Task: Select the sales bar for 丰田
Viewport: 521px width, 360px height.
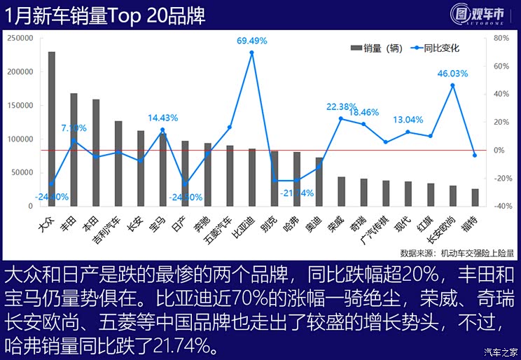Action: point(74,150)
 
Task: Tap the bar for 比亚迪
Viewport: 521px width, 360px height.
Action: point(252,177)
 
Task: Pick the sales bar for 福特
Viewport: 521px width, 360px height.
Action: point(475,198)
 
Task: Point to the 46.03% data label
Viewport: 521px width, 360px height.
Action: point(452,73)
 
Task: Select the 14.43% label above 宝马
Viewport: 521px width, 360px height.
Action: point(162,118)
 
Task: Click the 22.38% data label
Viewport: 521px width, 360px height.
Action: point(342,106)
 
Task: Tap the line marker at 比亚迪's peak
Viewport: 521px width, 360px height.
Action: point(252,53)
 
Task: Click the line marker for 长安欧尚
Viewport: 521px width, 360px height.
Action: point(452,85)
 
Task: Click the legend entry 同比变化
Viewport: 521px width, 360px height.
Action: point(438,48)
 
